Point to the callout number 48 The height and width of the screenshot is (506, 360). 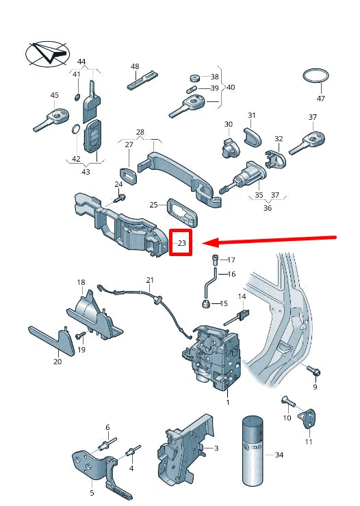click(x=135, y=66)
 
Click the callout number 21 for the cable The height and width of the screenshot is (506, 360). click(x=150, y=281)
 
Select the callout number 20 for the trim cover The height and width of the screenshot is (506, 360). click(x=57, y=362)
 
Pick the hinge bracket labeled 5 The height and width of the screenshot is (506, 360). click(x=96, y=466)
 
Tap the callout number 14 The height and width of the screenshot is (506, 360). click(x=242, y=296)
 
